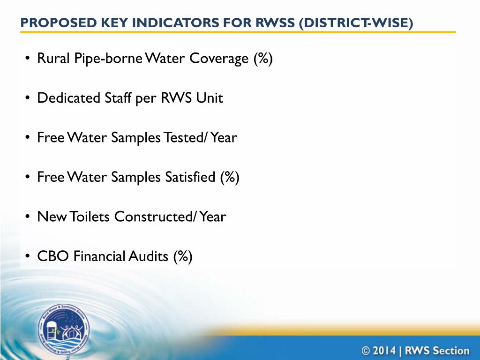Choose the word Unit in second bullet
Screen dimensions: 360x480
(211, 98)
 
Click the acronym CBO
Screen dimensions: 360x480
(48, 256)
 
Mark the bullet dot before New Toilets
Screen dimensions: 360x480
(28, 217)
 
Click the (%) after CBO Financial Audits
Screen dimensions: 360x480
(182, 256)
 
